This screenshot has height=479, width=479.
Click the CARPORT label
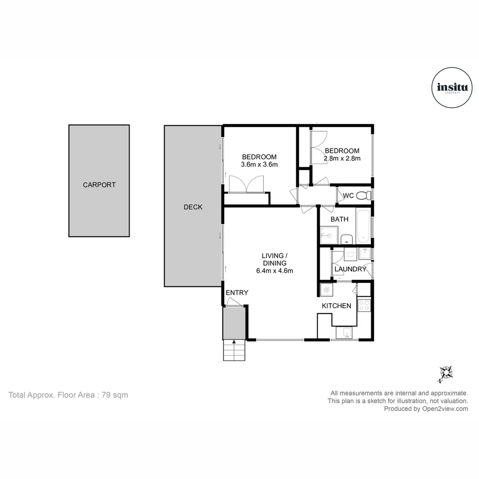(99, 185)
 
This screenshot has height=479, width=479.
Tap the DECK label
(193, 207)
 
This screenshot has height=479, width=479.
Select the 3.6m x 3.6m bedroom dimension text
(259, 165)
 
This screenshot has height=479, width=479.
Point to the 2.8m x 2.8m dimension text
(342, 158)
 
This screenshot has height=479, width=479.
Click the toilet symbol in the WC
(364, 195)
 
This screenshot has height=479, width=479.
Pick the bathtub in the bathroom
(364, 226)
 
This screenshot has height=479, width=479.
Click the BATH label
(339, 219)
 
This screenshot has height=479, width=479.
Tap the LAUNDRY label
(350, 269)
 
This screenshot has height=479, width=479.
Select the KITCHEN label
(337, 306)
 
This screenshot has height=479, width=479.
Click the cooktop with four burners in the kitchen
(364, 305)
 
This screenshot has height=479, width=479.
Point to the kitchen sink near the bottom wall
(344, 333)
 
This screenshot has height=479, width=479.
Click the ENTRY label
(237, 293)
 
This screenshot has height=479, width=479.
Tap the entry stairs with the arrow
(234, 350)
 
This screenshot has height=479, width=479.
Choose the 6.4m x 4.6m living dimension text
(275, 271)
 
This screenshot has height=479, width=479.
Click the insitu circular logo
(452, 88)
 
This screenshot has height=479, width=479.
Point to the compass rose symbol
(446, 373)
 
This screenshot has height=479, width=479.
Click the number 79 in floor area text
(106, 395)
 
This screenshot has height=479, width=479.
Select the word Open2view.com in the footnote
(445, 409)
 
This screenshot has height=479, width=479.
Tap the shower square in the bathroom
(329, 235)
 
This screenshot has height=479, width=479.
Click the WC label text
(348, 196)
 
